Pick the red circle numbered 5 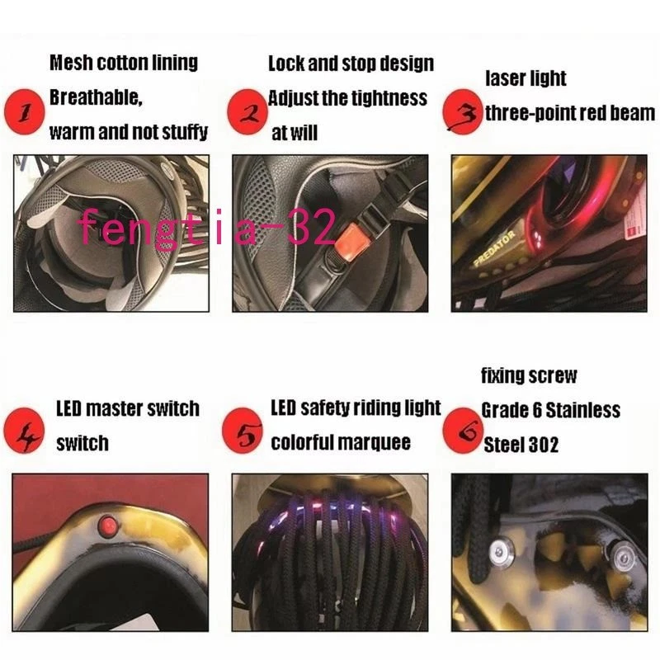tap(243, 431)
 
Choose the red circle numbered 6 tap(461, 429)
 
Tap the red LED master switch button tap(106, 525)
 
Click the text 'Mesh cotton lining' tap(124, 63)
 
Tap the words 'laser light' tap(526, 79)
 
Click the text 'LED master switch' tap(127, 408)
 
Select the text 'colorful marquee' tap(340, 442)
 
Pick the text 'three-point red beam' tap(569, 113)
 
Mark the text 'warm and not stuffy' tap(128, 131)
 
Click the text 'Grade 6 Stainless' tap(550, 410)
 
